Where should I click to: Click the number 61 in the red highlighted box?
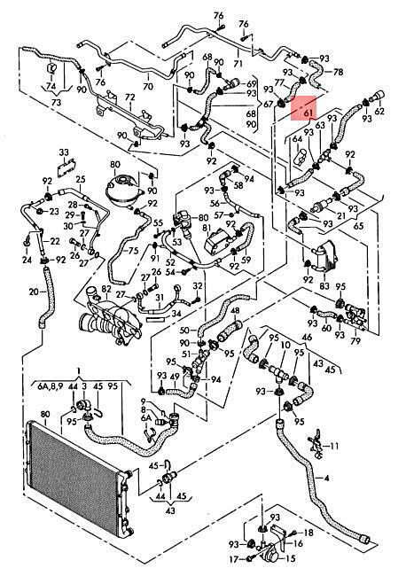[308, 113]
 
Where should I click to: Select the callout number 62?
[379, 110]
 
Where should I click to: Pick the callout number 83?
[324, 285]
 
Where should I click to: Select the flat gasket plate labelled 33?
[66, 168]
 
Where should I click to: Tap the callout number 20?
[34, 292]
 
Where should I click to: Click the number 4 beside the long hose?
[326, 478]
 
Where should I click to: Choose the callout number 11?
[334, 447]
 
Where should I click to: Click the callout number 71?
[238, 63]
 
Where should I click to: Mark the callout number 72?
[129, 97]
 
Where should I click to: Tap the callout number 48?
[235, 311]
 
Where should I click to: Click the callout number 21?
[341, 215]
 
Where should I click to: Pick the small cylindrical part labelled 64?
[301, 158]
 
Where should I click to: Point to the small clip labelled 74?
[51, 69]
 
